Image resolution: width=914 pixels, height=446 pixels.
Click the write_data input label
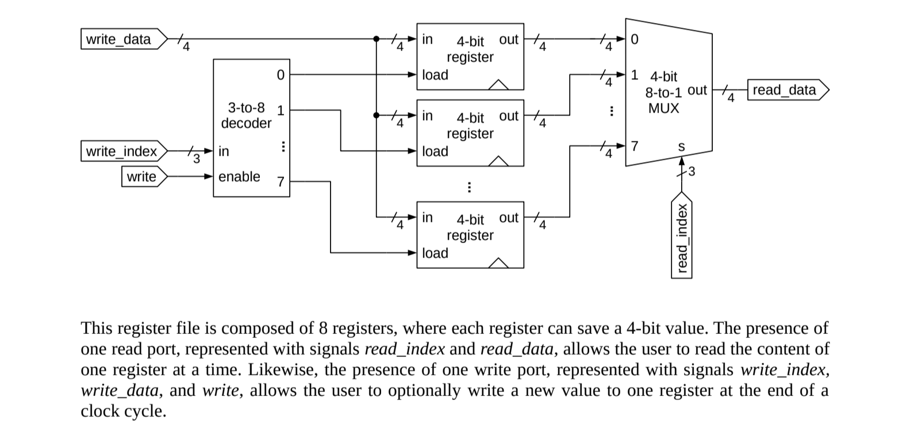pyautogui.click(x=119, y=39)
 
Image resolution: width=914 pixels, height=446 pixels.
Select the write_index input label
pyautogui.click(x=121, y=151)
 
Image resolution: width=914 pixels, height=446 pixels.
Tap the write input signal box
pyautogui.click(x=141, y=176)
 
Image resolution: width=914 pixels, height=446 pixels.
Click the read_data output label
pyautogui.click(x=785, y=90)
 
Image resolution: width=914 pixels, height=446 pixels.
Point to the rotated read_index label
pyautogui.click(x=682, y=237)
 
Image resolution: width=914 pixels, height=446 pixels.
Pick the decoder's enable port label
pyautogui.click(x=239, y=176)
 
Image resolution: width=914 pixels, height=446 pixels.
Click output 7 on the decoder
pyautogui.click(x=281, y=182)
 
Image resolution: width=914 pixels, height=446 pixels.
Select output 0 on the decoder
pyautogui.click(x=281, y=75)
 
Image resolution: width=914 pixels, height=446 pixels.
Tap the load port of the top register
pyautogui.click(x=435, y=75)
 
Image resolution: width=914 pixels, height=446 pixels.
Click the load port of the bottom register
pyautogui.click(x=435, y=253)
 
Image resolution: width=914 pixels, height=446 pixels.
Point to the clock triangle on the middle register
pyautogui.click(x=498, y=161)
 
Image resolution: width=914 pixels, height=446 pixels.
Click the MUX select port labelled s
pyautogui.click(x=682, y=147)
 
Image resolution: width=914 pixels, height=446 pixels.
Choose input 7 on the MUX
pyautogui.click(x=635, y=145)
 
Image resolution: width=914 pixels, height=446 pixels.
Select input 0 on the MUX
pyautogui.click(x=635, y=40)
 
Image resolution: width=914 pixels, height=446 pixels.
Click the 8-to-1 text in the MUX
pyautogui.click(x=663, y=93)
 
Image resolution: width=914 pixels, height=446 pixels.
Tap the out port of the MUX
pyautogui.click(x=697, y=90)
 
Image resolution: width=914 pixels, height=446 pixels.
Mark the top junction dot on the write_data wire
pyautogui.click(x=377, y=39)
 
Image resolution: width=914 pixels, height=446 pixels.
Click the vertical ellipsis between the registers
pyautogui.click(x=469, y=187)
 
